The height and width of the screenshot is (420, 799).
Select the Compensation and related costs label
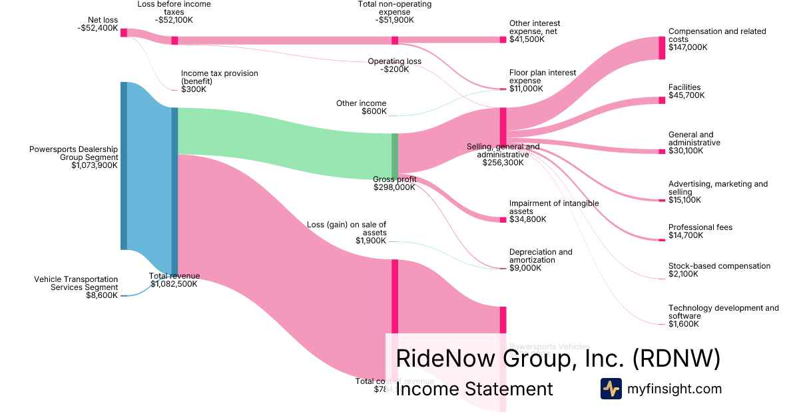(x=716, y=39)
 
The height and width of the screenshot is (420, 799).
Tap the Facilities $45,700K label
(x=686, y=91)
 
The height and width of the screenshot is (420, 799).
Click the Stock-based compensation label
(x=719, y=270)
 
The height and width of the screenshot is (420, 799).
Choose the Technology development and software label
(x=723, y=316)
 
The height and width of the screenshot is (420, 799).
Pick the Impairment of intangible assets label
(x=553, y=211)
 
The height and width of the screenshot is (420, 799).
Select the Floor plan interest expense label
(x=534, y=80)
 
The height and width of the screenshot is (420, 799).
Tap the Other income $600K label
(x=361, y=107)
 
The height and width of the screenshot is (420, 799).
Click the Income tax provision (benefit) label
(x=219, y=81)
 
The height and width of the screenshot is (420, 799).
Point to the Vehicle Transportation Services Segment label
(x=76, y=287)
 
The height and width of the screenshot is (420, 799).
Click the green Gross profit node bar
(x=394, y=156)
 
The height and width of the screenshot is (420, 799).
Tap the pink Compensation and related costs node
(x=662, y=48)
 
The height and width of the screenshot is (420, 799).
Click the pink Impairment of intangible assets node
(x=503, y=219)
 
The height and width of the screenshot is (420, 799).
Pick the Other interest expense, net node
(x=503, y=40)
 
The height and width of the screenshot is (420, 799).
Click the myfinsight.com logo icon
(x=611, y=389)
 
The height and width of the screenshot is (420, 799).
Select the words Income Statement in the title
(x=474, y=389)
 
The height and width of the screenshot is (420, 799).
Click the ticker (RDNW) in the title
(x=676, y=358)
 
